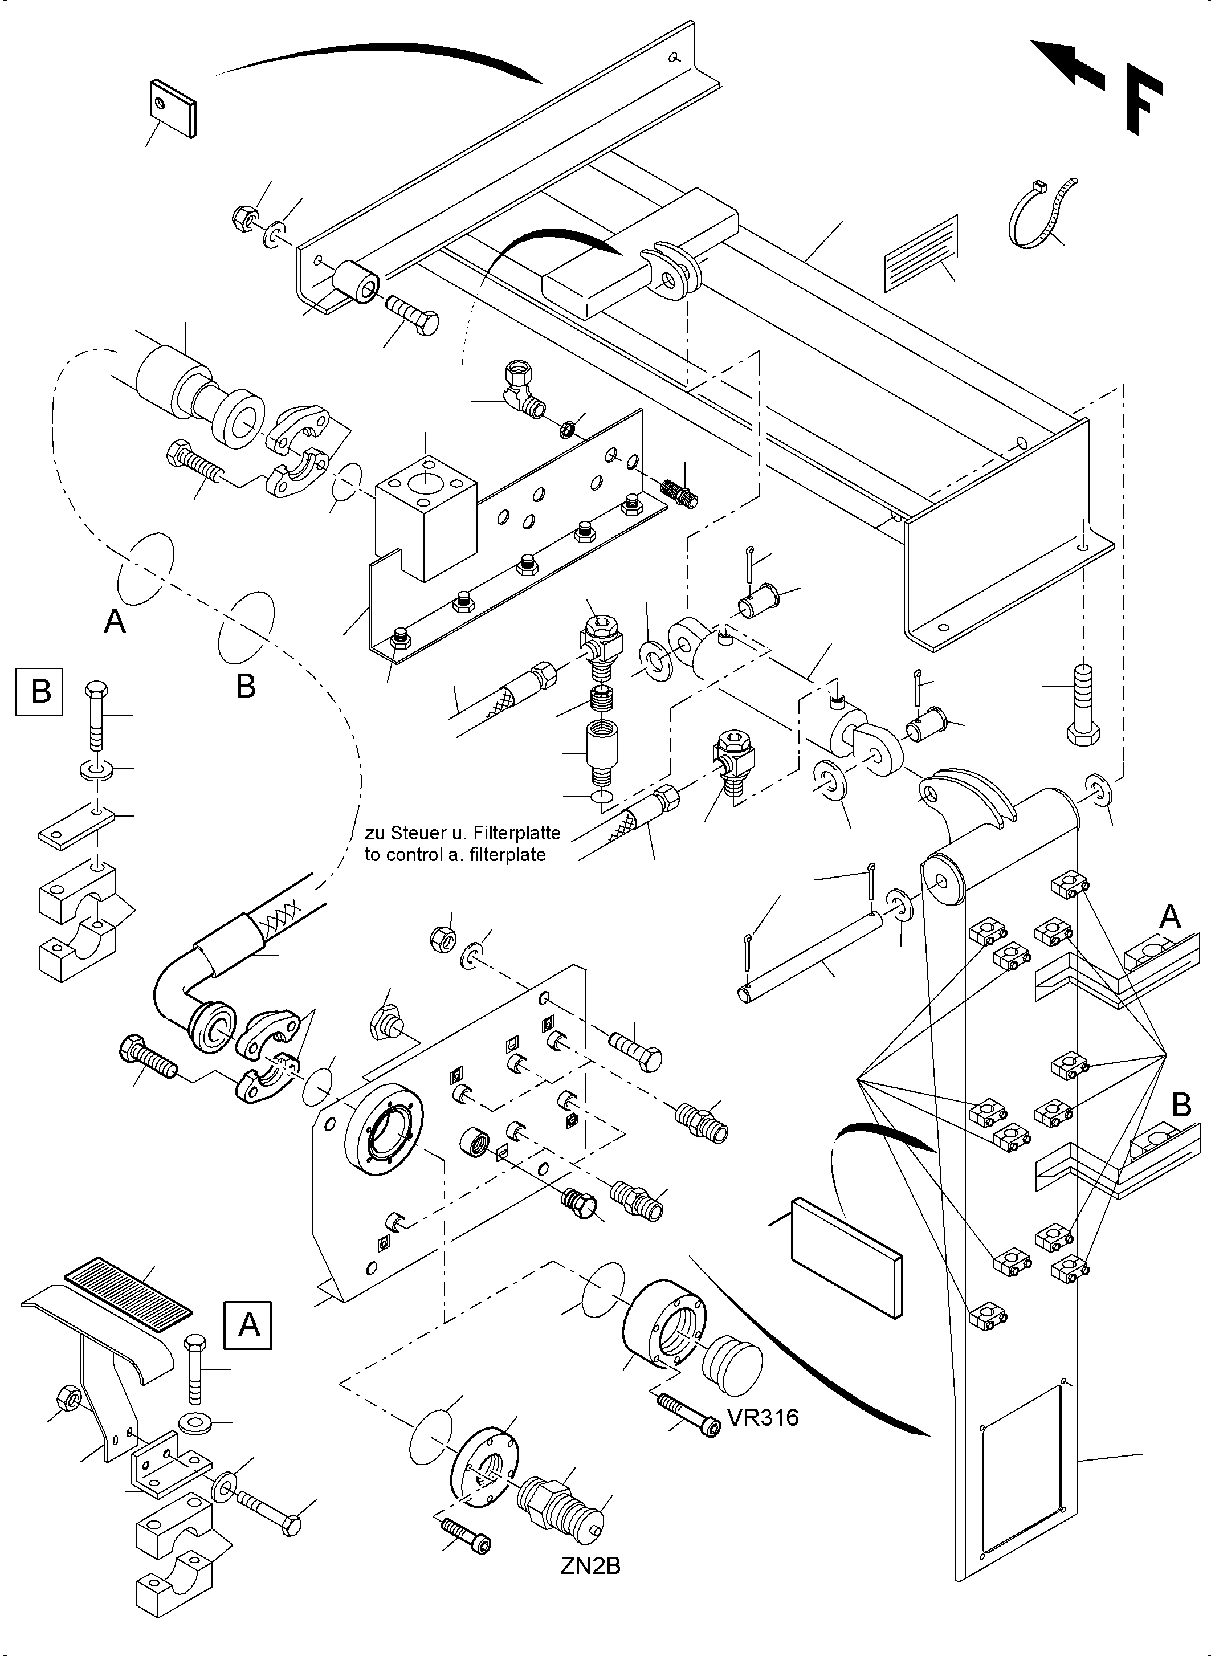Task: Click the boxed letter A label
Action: click(x=248, y=1325)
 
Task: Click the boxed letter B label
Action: click(x=39, y=691)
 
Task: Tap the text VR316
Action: click(x=763, y=1418)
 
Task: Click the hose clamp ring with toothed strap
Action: click(x=1039, y=214)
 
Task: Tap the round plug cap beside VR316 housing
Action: click(x=732, y=1366)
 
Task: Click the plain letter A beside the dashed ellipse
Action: click(x=115, y=622)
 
